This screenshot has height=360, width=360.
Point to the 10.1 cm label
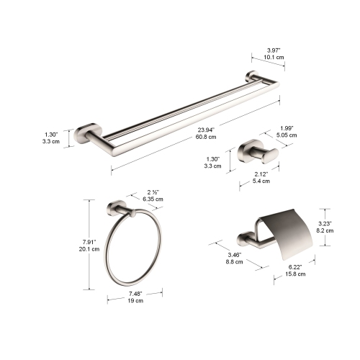coord(266,56)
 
